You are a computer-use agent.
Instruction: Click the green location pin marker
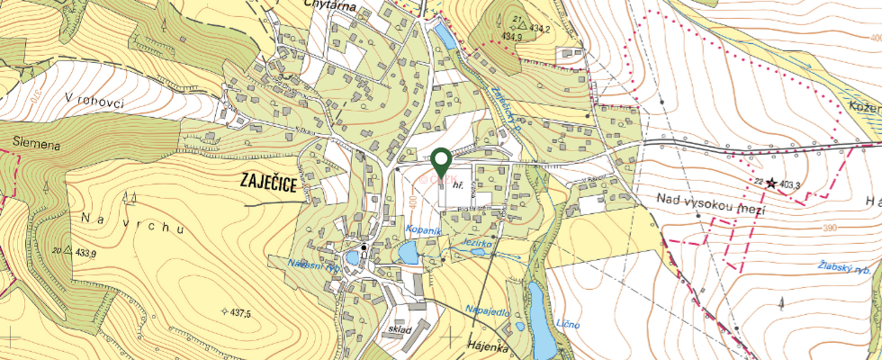click(x=441, y=162)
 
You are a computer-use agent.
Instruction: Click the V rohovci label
click(x=106, y=100)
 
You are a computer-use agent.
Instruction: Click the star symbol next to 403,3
click(x=770, y=182)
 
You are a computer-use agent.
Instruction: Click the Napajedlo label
click(x=488, y=310)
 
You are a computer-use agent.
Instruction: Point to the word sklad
click(x=400, y=330)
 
